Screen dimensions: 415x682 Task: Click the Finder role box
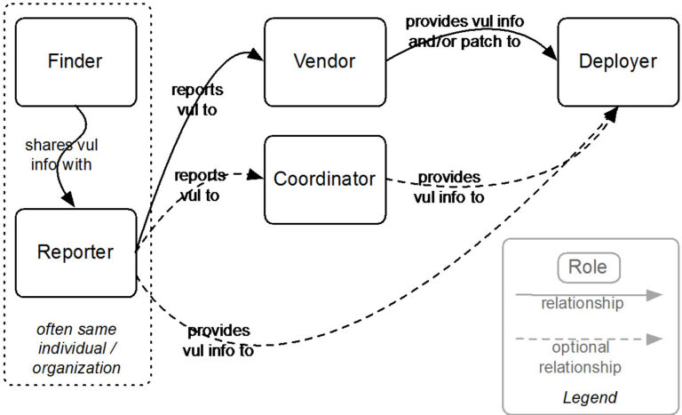(x=75, y=61)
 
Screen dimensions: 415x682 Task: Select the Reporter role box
(x=75, y=252)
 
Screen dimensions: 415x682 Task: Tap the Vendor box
(x=324, y=61)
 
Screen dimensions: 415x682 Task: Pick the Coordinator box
(x=324, y=179)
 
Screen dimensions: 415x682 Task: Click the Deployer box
(x=617, y=61)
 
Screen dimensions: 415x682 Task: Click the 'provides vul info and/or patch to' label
(x=462, y=31)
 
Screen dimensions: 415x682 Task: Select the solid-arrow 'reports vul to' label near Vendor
(x=197, y=100)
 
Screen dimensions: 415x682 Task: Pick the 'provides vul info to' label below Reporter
(x=218, y=340)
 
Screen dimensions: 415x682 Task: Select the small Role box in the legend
(x=588, y=267)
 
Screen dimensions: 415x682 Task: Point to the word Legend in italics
(x=590, y=397)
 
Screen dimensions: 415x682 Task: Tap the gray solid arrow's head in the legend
(x=654, y=295)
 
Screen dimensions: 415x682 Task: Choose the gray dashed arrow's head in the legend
(x=654, y=339)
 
